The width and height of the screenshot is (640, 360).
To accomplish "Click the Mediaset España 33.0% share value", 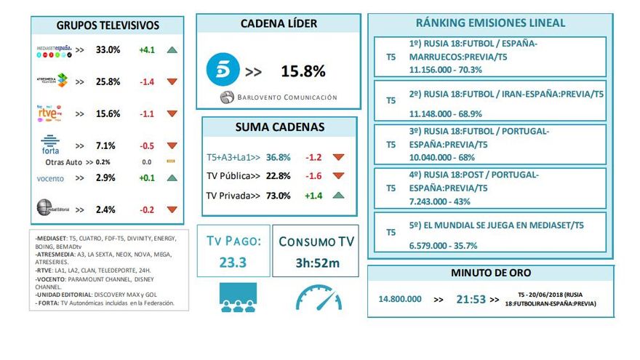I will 108,50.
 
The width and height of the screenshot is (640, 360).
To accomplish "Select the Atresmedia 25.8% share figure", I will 108,81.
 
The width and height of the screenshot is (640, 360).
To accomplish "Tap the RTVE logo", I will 51,113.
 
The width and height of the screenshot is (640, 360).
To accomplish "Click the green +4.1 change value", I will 147,50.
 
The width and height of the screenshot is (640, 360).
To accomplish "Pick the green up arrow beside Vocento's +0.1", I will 172,178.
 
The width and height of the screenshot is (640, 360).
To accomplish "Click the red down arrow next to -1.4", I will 172,81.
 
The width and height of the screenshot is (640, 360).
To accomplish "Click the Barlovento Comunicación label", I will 279,97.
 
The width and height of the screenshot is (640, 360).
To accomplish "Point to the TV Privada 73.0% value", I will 278,196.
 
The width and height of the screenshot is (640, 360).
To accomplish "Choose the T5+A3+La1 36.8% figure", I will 278,156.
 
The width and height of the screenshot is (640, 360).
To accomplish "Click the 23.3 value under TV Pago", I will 234,263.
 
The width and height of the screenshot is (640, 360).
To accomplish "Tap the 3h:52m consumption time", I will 317,263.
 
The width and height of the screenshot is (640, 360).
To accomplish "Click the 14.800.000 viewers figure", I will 400,298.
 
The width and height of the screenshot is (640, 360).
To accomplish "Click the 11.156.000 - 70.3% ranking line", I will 446,70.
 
